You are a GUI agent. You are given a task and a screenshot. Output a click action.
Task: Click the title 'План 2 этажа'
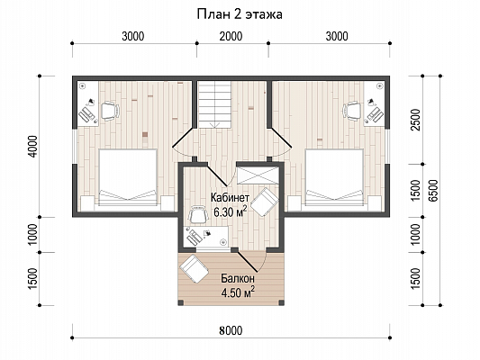pyautogui.click(x=240, y=14)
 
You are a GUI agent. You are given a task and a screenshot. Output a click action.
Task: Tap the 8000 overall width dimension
pyautogui.click(x=231, y=330)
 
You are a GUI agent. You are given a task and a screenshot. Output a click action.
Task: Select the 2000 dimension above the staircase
pyautogui.click(x=231, y=36)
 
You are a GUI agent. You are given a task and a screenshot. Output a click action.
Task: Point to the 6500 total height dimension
pyautogui.click(x=433, y=190)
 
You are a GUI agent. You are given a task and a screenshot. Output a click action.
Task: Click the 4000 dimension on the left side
pyautogui.click(x=32, y=147)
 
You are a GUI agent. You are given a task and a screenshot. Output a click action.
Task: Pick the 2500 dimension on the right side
pyautogui.click(x=416, y=120)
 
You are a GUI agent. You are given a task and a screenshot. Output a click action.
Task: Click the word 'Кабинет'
pyautogui.click(x=230, y=197)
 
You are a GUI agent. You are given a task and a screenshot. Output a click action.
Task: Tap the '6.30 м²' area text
pyautogui.click(x=231, y=211)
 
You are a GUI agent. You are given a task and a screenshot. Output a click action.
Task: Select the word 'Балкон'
pyautogui.click(x=238, y=279)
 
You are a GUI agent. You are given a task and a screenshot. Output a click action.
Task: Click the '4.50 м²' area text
pyautogui.click(x=238, y=292)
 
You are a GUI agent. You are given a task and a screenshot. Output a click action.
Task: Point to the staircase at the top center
pyautogui.click(x=214, y=104)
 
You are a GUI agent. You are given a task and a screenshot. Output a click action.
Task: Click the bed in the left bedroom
pyautogui.click(x=128, y=176)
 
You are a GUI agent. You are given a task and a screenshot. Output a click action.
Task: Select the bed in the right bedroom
pyautogui.click(x=334, y=176)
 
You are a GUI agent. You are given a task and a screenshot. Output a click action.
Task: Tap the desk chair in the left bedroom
pyautogui.click(x=110, y=111)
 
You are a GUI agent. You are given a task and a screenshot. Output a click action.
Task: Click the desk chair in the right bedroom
pyautogui.click(x=352, y=111)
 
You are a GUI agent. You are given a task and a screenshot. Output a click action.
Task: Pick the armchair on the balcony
pyautogui.click(x=195, y=269)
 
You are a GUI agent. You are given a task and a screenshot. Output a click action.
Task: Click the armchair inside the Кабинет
pyautogui.click(x=265, y=202)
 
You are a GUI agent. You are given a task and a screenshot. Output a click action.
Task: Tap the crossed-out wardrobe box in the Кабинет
pyautogui.click(x=258, y=175)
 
